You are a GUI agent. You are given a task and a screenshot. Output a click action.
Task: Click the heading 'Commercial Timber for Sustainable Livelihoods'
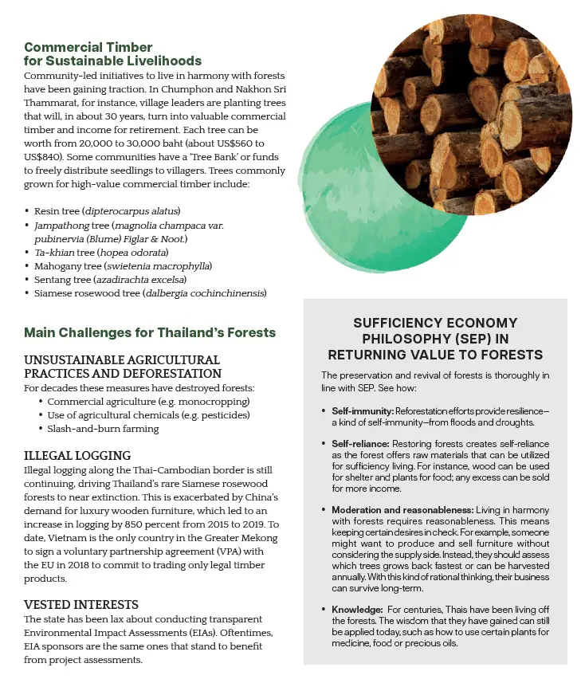tap(113, 54)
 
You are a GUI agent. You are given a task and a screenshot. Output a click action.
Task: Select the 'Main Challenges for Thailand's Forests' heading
tap(150, 332)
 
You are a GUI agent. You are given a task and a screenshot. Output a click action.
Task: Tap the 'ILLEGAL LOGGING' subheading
tap(77, 456)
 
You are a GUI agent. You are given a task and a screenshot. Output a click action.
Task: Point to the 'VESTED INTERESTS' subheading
tap(81, 605)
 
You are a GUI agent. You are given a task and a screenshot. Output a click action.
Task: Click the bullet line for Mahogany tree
tap(123, 265)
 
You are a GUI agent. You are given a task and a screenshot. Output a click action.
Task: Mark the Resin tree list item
tap(108, 211)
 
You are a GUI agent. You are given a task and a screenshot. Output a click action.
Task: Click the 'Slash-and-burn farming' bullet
tap(102, 429)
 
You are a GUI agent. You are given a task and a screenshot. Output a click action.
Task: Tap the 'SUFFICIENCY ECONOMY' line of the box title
tap(434, 323)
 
